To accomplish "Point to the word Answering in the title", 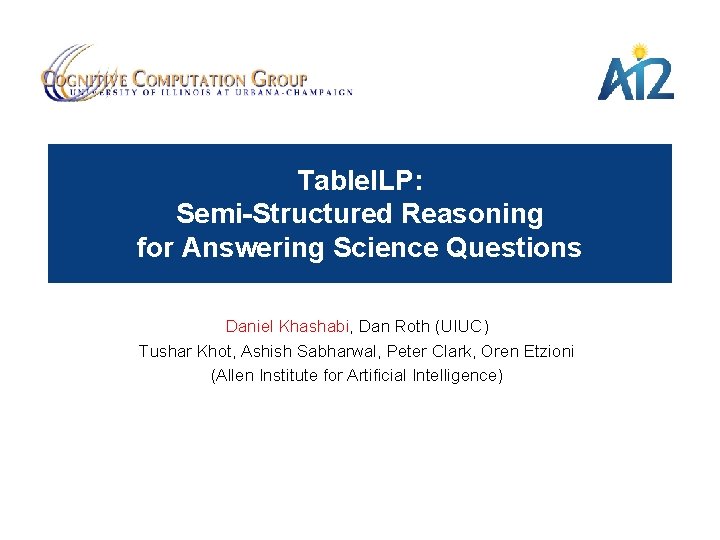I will point(252,248).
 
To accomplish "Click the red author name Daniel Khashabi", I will point(287,326).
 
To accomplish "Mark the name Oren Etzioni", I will point(528,351).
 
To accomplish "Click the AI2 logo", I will point(635,77).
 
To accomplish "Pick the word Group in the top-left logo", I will point(280,77).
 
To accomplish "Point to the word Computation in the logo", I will point(189,77).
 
